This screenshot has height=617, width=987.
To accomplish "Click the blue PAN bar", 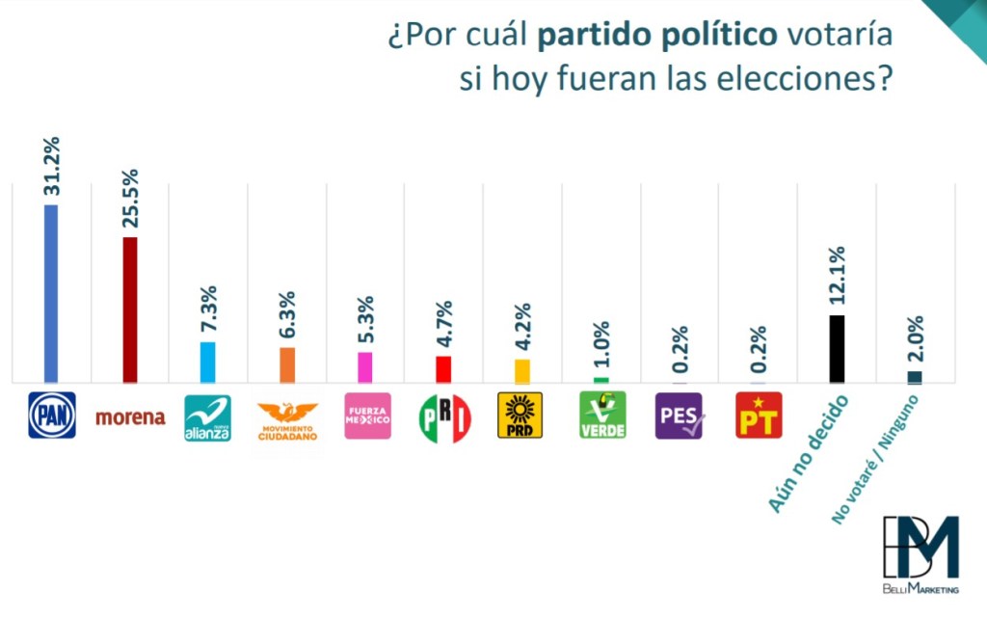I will (x=51, y=294).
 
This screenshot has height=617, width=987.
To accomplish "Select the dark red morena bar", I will (x=130, y=310).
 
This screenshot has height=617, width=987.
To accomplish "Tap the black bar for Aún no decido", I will (x=837, y=349).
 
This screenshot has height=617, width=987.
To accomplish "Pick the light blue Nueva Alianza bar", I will (x=207, y=362).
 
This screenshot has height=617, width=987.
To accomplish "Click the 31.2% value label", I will (x=51, y=166).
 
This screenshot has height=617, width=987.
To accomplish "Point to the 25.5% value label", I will (x=130, y=199).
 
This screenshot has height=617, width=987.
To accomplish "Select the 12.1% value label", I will (x=837, y=277).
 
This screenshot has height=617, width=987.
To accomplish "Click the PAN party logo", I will (x=51, y=416).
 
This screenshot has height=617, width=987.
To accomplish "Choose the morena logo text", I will (x=130, y=417).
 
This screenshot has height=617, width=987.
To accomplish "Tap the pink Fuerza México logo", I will (x=367, y=416).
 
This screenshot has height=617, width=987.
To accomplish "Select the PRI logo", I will (x=444, y=417).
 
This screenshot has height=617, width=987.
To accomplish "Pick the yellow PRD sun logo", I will (x=520, y=416).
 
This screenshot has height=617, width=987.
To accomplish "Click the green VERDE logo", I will (x=602, y=416).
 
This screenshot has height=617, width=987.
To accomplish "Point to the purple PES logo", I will (x=679, y=416).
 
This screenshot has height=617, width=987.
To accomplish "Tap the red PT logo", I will (x=759, y=416).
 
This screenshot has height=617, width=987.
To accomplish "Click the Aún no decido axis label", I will (x=810, y=453).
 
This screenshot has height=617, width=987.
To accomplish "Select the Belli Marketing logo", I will (x=920, y=554).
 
